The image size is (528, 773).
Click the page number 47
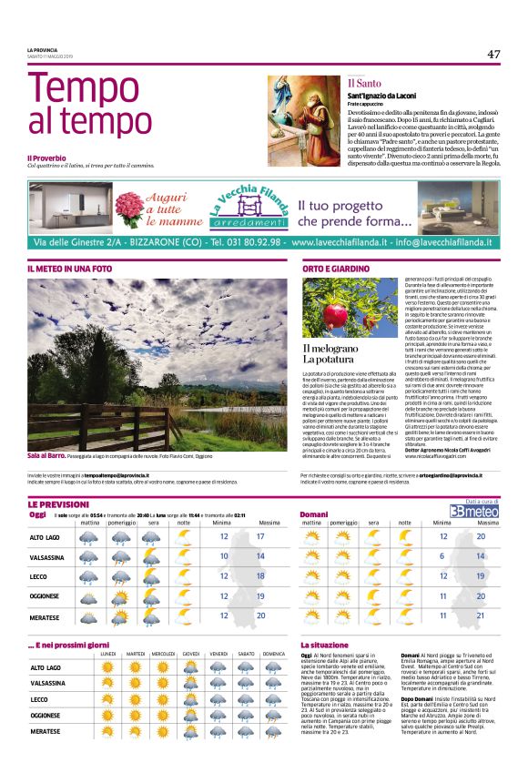point(493,54)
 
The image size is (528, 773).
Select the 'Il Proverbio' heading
point(46,158)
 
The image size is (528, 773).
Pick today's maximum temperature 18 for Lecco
point(261,575)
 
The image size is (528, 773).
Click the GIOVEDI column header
point(191,655)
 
